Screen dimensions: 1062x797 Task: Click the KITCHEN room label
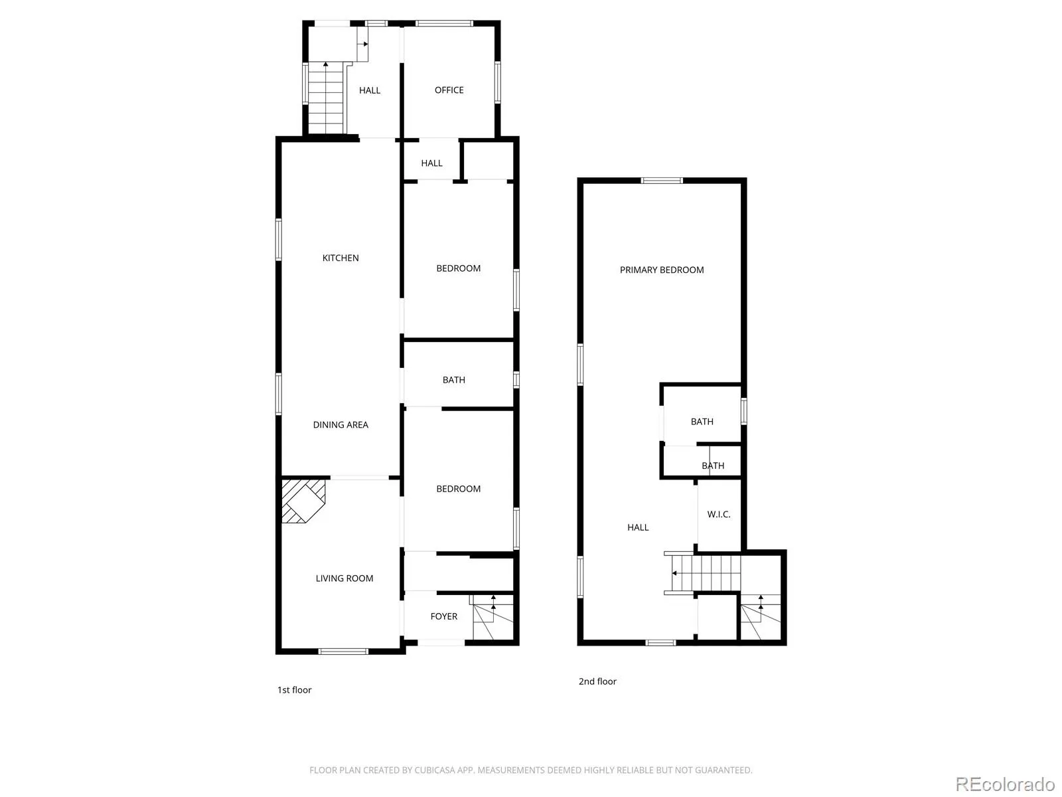[x=340, y=258]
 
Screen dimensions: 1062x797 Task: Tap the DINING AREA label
[x=340, y=425]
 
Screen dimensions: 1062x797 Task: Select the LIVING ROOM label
[x=344, y=578]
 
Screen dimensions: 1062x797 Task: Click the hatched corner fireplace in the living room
[x=303, y=501]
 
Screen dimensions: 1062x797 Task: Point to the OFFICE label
[x=449, y=90]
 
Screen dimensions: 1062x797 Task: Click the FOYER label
[x=443, y=616]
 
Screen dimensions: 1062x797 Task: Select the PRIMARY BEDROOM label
[x=661, y=270]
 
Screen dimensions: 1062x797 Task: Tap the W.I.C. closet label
[x=718, y=514]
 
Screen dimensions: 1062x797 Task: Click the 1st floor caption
[x=294, y=690]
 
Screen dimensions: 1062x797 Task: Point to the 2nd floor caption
[x=597, y=681]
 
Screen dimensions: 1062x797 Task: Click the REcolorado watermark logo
[x=1006, y=784]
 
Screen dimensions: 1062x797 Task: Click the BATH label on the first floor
[x=453, y=381]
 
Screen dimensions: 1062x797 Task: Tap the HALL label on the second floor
[x=638, y=527]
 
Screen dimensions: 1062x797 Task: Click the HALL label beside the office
[x=369, y=90]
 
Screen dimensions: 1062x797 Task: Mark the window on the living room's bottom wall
[x=343, y=652]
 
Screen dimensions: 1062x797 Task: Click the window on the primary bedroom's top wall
[x=661, y=181]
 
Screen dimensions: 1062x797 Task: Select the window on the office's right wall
[x=497, y=82]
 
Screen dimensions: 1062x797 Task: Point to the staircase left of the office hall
[x=326, y=99]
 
